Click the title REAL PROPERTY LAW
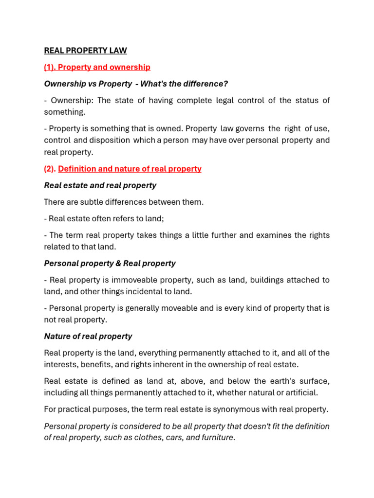click(85, 50)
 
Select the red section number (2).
click(50, 169)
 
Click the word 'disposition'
click(110, 140)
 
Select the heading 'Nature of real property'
click(88, 336)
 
